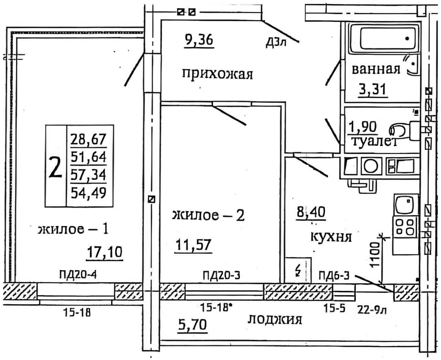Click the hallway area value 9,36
199,40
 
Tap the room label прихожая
217,74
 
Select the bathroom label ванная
376,70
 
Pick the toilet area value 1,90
363,127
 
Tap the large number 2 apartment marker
55,167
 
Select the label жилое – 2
208,215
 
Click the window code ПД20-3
221,275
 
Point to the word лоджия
275,319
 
